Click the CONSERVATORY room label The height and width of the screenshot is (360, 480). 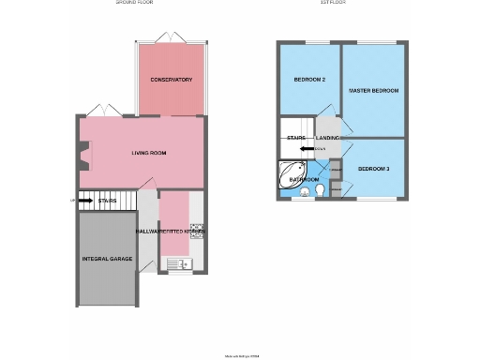coord(172,80)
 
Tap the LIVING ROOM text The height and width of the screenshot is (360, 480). coord(148,151)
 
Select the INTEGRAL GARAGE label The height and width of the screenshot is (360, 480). coord(107,258)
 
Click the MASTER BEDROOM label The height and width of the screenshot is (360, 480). coord(373,91)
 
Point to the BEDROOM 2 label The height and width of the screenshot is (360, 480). coord(309,80)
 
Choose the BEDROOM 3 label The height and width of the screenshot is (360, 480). coord(373,168)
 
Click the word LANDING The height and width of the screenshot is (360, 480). coord(328,138)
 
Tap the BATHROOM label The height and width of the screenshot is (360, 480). coord(305,179)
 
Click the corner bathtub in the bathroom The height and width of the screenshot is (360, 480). coord(288,175)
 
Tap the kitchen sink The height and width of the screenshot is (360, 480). coord(177,263)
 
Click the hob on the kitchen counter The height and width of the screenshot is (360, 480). coord(197,231)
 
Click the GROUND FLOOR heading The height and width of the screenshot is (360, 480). coord(134,4)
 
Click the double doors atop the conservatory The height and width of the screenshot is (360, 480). coord(172,37)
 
